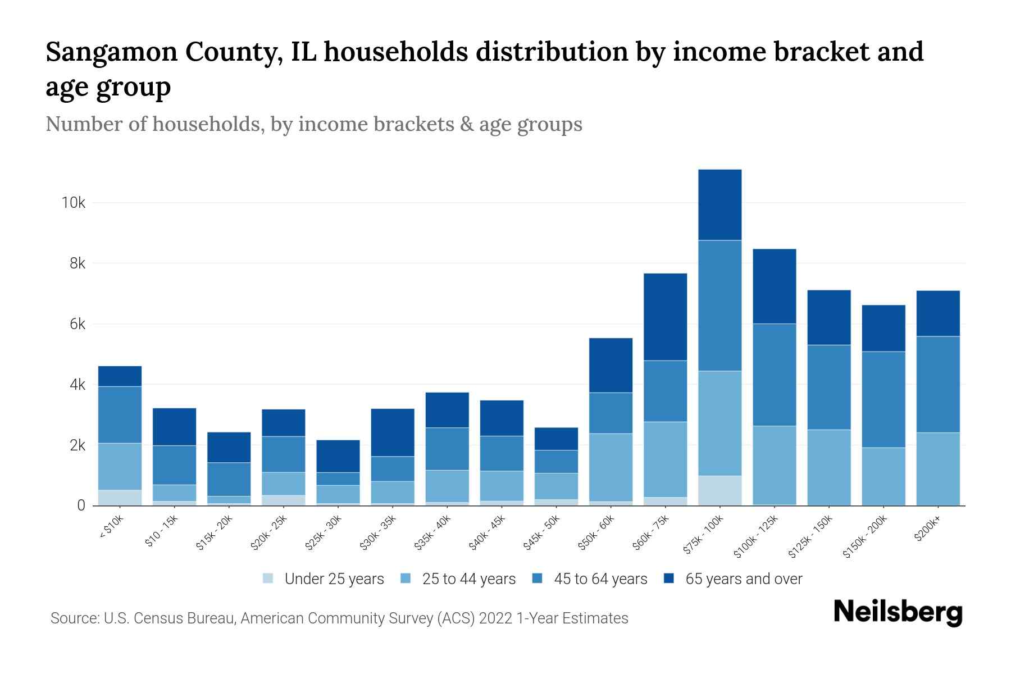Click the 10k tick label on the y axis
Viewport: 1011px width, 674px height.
pyautogui.click(x=74, y=203)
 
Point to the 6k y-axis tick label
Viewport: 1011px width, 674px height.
pyautogui.click(x=77, y=325)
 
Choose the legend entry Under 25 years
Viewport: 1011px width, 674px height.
pyautogui.click(x=334, y=579)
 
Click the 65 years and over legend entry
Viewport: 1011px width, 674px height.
pyautogui.click(x=744, y=579)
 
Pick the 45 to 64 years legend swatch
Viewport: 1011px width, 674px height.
pyautogui.click(x=537, y=579)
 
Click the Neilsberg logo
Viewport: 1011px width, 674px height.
pyautogui.click(x=898, y=612)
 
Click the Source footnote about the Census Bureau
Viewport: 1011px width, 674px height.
pyautogui.click(x=339, y=618)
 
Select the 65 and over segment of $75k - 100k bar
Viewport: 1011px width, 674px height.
pyautogui.click(x=719, y=205)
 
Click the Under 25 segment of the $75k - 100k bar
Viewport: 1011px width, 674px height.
pyautogui.click(x=719, y=490)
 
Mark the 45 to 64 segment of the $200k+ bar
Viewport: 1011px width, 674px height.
pyautogui.click(x=938, y=384)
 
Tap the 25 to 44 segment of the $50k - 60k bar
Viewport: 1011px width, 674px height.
pyautogui.click(x=611, y=467)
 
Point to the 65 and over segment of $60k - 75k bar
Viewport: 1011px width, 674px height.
pyautogui.click(x=665, y=317)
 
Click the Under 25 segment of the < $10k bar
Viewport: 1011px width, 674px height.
pyautogui.click(x=120, y=498)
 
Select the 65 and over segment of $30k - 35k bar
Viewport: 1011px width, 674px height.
pyautogui.click(x=393, y=432)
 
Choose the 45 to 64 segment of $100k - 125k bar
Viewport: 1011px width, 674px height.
pyautogui.click(x=774, y=375)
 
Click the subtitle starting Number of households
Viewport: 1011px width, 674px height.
pyautogui.click(x=314, y=124)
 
